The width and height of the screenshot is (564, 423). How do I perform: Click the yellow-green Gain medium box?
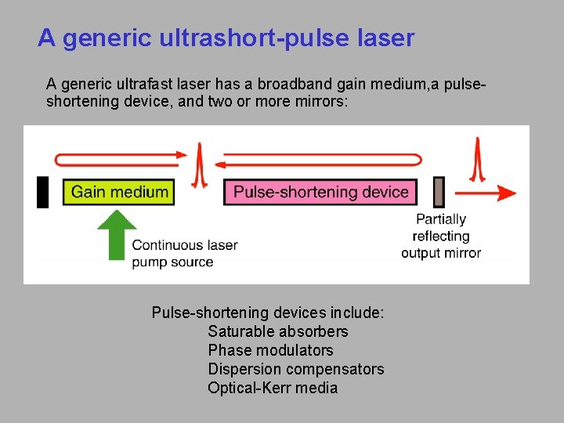pos(119,192)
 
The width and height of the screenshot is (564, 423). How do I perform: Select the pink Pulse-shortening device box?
pos(321,192)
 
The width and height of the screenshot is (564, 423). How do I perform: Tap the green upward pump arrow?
pos(116,233)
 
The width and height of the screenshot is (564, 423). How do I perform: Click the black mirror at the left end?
pos(43,192)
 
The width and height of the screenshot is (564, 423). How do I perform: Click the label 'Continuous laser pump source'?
pos(184,253)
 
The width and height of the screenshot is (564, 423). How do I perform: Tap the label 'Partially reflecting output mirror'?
pos(441,236)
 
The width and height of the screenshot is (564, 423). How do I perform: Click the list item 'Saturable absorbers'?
pos(277,331)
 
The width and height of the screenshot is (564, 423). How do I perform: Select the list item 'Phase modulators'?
pos(270,350)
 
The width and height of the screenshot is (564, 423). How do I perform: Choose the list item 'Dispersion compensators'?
pos(295,369)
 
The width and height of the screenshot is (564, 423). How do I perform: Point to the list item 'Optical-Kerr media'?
pos(273,388)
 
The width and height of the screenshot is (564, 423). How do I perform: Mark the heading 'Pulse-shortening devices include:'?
pos(267,313)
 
